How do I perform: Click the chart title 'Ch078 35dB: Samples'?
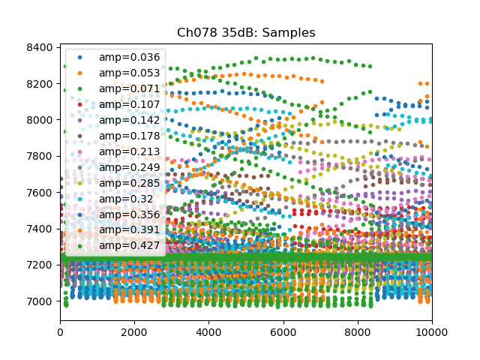(246, 33)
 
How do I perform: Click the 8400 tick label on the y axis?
(40, 47)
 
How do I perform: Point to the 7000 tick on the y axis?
(40, 301)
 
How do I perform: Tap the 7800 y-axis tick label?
(40, 156)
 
